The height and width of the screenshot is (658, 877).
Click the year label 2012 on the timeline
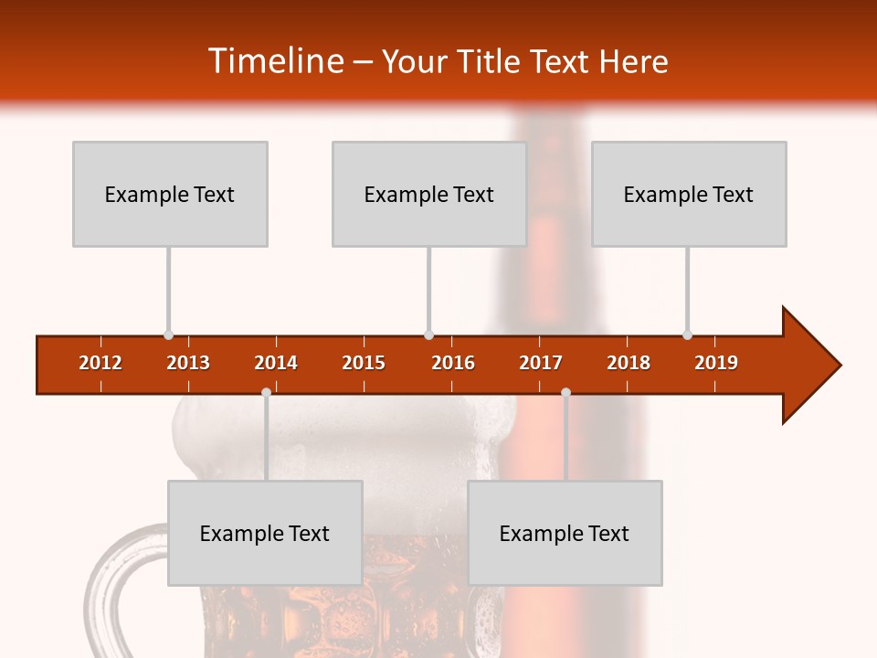100,363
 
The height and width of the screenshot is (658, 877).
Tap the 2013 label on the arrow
188,363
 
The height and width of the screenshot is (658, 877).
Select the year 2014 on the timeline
276,363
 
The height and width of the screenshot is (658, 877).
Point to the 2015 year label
364,363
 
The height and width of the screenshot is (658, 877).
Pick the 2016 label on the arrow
453,363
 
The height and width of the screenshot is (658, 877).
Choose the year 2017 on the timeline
541,363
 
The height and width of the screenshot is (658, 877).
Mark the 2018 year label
629,363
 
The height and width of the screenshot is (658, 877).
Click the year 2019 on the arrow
716,363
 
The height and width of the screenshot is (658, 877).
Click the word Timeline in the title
275,61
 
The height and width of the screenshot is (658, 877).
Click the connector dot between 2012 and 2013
168,335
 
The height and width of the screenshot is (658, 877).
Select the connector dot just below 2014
266,393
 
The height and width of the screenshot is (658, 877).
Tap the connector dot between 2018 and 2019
687,335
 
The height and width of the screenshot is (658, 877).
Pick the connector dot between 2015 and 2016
428,335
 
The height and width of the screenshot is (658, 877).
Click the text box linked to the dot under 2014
265,533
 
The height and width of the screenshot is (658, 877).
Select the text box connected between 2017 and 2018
565,533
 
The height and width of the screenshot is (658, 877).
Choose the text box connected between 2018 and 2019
689,194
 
